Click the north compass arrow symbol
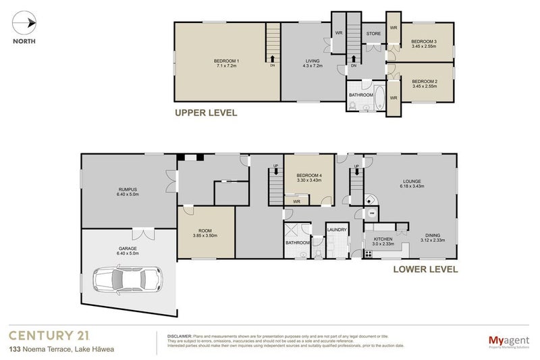24,24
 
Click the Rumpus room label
126,191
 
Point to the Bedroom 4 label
310,176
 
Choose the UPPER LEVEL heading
206,113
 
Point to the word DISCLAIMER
180,335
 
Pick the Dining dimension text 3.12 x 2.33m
434,239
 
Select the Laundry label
336,230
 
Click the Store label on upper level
373,33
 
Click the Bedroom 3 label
425,41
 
